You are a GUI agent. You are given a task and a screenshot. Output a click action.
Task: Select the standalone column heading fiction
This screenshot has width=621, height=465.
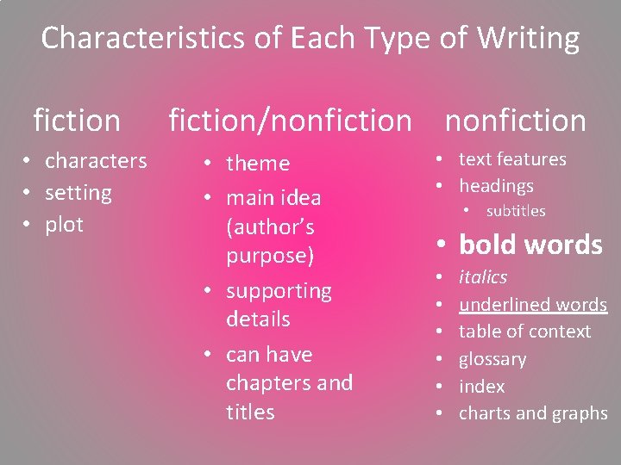coord(77,121)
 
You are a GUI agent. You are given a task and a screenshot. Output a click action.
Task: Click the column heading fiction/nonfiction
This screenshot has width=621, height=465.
coord(290,121)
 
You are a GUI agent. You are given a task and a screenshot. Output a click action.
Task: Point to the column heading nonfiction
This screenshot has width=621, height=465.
coord(515,121)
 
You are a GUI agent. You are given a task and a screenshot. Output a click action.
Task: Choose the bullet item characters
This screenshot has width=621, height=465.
coord(96,161)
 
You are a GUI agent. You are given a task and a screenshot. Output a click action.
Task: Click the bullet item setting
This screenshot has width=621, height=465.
coord(78,193)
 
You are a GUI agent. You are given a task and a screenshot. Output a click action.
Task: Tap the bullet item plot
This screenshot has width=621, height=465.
coord(64,225)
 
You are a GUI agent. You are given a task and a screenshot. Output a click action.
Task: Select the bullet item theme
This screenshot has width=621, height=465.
coord(258,164)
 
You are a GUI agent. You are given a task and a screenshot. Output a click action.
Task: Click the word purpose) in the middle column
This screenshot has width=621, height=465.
coord(271,256)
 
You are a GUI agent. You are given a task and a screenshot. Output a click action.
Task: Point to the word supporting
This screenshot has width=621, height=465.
coord(279,291)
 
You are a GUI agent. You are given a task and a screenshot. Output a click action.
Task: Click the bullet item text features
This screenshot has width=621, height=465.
coord(512,159)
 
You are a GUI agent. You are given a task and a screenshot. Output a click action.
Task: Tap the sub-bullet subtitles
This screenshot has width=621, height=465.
coord(516,211)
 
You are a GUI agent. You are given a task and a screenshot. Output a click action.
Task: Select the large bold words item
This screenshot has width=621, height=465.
coord(530,245)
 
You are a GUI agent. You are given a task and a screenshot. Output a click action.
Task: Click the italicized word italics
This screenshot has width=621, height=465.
coord(483,277)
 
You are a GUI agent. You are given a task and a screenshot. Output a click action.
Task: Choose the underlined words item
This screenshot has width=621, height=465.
coord(533,305)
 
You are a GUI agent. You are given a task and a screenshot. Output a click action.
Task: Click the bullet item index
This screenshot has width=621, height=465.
coord(481,387)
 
